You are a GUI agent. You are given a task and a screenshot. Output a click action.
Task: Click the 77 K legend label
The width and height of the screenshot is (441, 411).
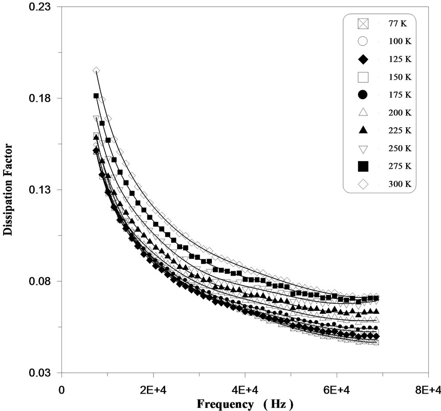coord(394,24)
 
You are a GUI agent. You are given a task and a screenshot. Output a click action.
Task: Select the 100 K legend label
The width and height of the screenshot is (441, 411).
coord(394,41)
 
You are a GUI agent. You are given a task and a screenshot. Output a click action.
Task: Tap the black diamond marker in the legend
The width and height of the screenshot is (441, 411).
coord(363,59)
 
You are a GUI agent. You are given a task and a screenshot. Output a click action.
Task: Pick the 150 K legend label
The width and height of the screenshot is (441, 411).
coord(394,77)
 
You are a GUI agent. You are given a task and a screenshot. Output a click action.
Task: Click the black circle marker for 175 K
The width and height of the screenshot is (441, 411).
coord(363,95)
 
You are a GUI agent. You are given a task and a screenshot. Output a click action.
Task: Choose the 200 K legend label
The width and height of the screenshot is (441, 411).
coord(394,113)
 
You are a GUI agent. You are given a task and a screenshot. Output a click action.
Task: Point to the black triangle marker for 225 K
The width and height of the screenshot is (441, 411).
coord(363,130)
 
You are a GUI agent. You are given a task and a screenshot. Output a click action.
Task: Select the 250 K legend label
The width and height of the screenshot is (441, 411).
coord(394,149)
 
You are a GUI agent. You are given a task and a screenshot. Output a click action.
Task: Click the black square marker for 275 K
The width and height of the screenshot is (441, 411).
coord(363,166)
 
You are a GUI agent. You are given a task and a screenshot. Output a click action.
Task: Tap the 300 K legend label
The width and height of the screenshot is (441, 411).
coord(394,185)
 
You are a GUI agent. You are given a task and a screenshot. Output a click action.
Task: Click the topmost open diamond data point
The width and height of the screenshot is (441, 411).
coord(96,71)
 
